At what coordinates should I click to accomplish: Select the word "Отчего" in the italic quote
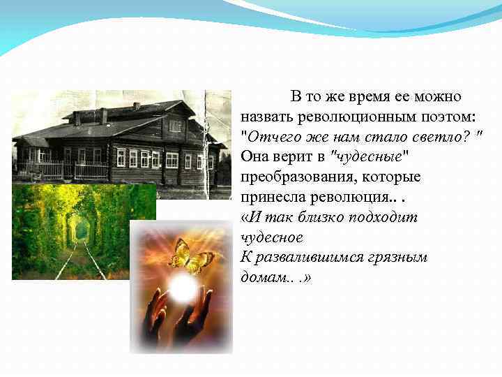coord(270,135)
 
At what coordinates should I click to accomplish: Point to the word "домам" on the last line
coord(259,277)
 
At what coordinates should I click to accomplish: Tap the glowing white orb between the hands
coord(183,287)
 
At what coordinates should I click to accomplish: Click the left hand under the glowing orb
coord(156,310)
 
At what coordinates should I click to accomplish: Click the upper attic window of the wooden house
coord(175,126)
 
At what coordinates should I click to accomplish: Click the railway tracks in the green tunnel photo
coord(80,258)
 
